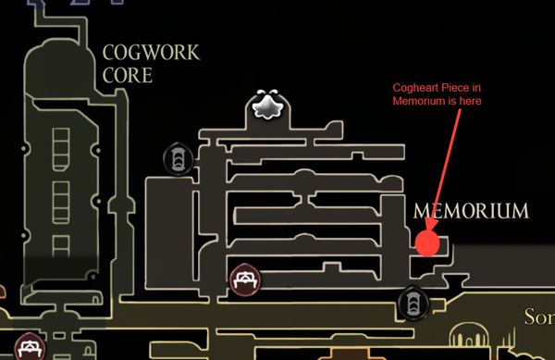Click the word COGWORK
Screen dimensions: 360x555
[151, 53]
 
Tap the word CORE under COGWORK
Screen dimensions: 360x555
[128, 75]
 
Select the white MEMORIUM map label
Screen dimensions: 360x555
[472, 211]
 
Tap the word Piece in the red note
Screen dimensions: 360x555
[452, 89]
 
